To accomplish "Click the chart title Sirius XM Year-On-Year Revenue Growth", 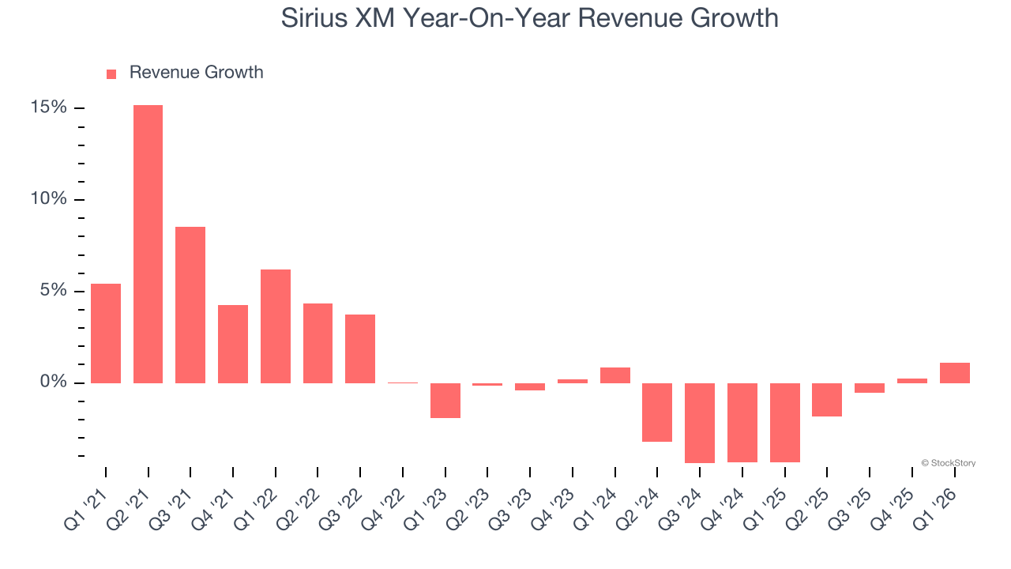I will [x=529, y=18].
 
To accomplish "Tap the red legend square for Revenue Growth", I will [x=111, y=74].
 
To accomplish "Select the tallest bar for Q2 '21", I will [x=148, y=244].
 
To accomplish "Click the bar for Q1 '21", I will [x=106, y=333].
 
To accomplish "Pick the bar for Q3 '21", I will [x=190, y=305].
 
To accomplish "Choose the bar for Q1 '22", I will [x=276, y=326].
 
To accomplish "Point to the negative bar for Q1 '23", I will [x=445, y=401].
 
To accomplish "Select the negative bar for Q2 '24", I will [x=657, y=413].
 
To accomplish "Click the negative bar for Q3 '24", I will [x=700, y=423].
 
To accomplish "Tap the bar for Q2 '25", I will [x=827, y=400].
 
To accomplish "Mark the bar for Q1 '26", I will [x=954, y=373].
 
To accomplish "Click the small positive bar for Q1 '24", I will [x=615, y=375].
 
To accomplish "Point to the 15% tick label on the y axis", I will [x=49, y=107].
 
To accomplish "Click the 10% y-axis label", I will [x=49, y=199].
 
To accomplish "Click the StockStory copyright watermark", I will [x=948, y=463].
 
